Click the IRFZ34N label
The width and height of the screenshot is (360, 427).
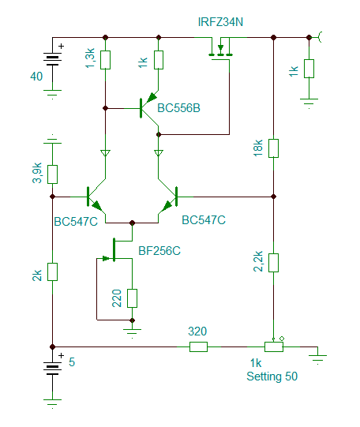(x=220, y=22)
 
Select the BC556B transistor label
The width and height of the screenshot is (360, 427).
(x=178, y=108)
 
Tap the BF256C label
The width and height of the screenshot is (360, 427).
(x=159, y=251)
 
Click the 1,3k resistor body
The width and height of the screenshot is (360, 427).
(x=105, y=60)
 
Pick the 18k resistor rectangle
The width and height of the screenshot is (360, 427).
(x=273, y=148)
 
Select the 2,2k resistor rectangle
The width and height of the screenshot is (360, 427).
(x=273, y=263)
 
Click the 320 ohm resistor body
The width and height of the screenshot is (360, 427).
(x=198, y=347)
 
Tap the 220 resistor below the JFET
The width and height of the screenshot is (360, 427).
(x=132, y=298)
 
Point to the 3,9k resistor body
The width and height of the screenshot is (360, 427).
(x=53, y=174)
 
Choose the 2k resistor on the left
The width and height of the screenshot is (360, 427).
(x=53, y=272)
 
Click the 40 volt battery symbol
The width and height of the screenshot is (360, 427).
(x=53, y=61)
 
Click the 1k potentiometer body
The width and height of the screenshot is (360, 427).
(x=274, y=347)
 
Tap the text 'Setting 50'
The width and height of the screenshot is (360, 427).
(x=272, y=376)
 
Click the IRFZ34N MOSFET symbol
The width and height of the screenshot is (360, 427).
(x=220, y=52)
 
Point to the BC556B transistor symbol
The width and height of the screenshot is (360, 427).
(x=148, y=108)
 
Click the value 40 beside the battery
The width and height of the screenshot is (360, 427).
(x=36, y=77)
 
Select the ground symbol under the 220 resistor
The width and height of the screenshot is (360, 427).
(x=132, y=333)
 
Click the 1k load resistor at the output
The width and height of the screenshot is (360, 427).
(x=309, y=69)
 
